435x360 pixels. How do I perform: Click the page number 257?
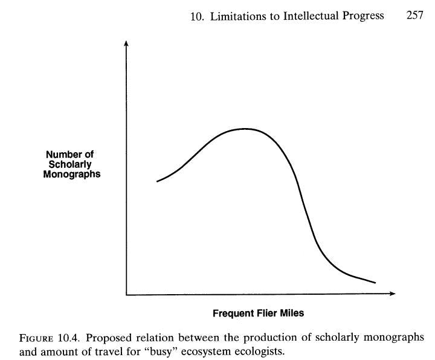pyautogui.click(x=414, y=16)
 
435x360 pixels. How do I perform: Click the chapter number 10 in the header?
pyautogui.click(x=196, y=16)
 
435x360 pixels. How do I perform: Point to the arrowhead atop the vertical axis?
pyautogui.click(x=126, y=43)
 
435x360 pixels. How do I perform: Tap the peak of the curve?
pyautogui.click(x=243, y=129)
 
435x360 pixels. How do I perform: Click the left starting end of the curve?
pyautogui.click(x=157, y=181)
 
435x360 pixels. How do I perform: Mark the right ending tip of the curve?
pyautogui.click(x=375, y=283)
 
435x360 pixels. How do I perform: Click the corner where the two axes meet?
pyautogui.click(x=126, y=294)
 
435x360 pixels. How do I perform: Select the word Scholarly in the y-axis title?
pyautogui.click(x=71, y=165)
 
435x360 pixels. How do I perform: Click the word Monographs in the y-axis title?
pyautogui.click(x=71, y=175)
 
